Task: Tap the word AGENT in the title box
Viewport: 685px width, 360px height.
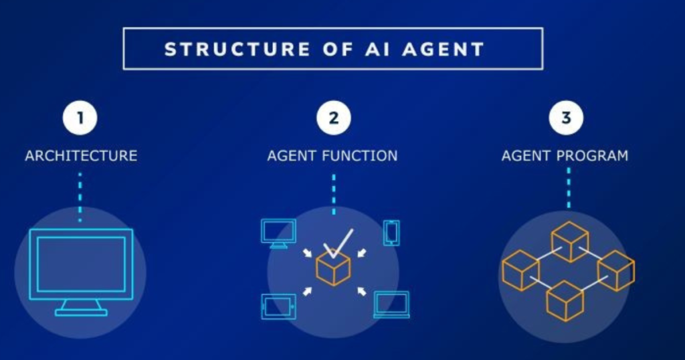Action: [x=443, y=49]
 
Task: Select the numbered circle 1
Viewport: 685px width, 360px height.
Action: [x=80, y=118]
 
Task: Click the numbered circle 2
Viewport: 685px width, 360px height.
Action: [x=334, y=118]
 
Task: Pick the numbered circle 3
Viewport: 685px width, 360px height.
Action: [x=566, y=118]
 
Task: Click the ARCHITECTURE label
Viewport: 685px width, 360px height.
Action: [x=81, y=155]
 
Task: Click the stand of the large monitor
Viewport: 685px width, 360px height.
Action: [x=81, y=308]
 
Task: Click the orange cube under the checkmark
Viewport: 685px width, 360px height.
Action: [x=333, y=268]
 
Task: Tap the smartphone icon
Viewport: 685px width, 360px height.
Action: [x=391, y=233]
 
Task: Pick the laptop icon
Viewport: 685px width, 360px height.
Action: [x=392, y=305]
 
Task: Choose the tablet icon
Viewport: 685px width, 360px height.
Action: [x=278, y=306]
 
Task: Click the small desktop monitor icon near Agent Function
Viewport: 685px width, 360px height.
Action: [x=278, y=234]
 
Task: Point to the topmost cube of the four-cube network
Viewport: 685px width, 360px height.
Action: [x=570, y=242]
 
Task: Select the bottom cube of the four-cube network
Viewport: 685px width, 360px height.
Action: [x=565, y=302]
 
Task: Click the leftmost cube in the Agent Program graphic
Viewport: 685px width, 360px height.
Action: [x=520, y=270]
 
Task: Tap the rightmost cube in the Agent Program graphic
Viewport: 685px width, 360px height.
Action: [x=616, y=270]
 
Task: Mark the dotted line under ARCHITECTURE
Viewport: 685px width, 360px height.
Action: [x=80, y=197]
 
